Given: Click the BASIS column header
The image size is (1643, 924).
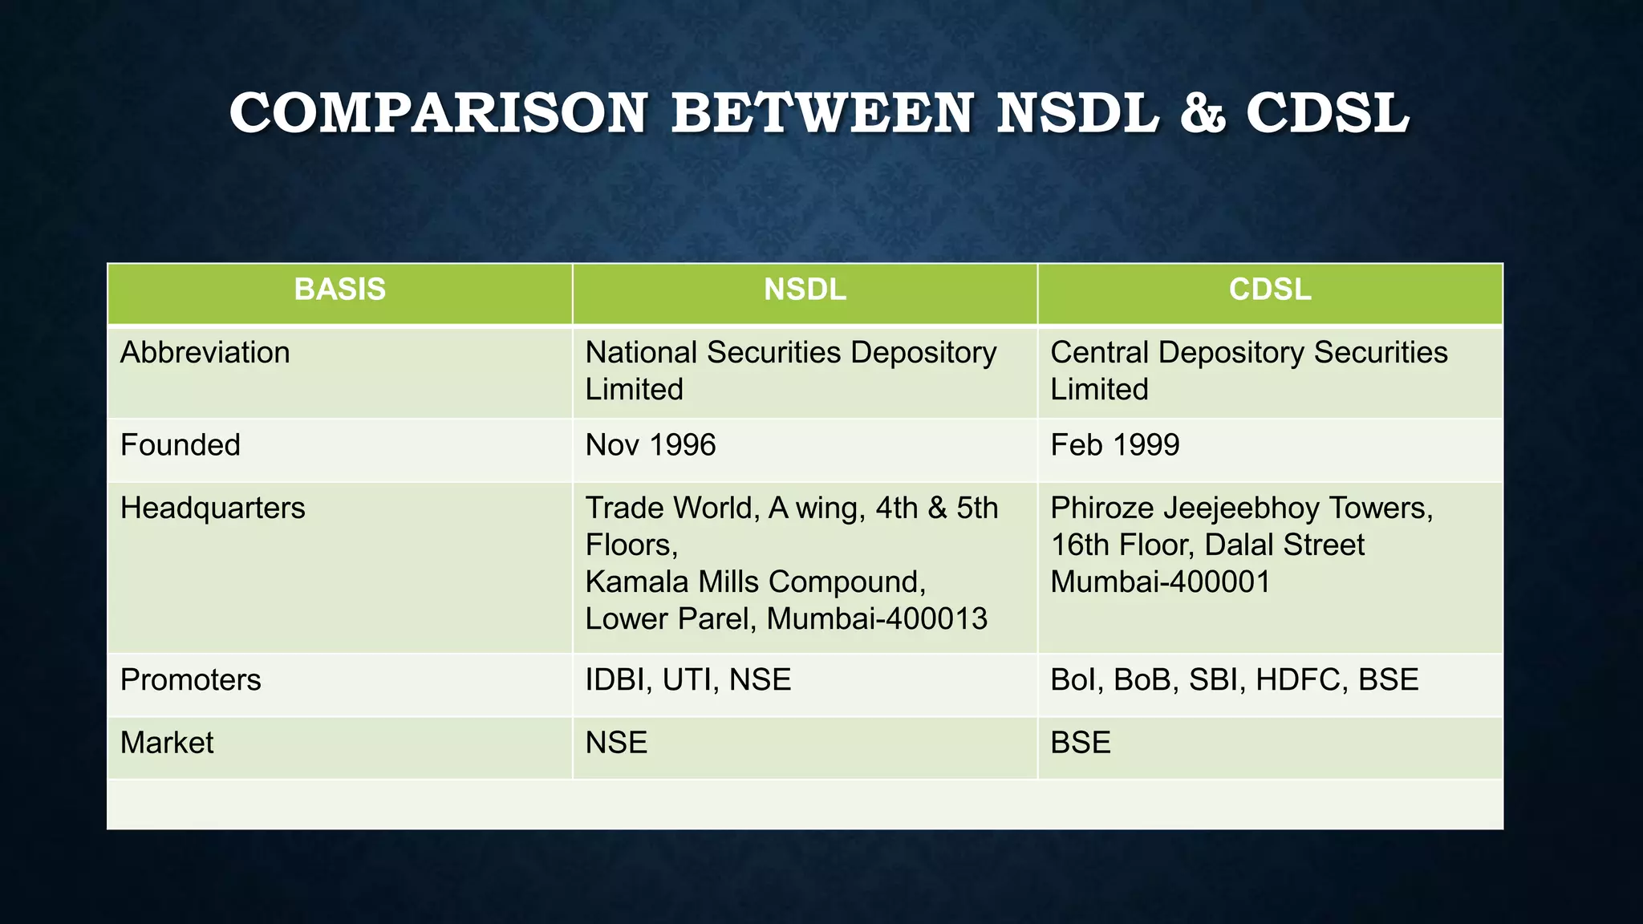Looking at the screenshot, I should (x=339, y=290).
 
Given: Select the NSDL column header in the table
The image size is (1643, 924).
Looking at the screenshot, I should (x=805, y=290).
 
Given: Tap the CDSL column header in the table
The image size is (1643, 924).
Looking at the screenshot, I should (x=1270, y=290).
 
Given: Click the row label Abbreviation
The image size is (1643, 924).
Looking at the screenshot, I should (x=205, y=353).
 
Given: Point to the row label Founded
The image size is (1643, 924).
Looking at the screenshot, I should (x=180, y=445).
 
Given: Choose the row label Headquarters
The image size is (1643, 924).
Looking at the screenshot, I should (x=213, y=509).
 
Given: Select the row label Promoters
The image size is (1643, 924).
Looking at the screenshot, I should (x=190, y=680).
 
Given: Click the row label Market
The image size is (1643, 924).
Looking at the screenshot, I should (x=167, y=743).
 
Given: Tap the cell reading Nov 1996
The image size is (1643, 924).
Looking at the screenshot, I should (x=650, y=445).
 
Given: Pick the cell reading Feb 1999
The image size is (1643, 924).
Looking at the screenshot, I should (x=1114, y=445).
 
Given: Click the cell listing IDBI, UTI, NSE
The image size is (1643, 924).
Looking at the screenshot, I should (x=688, y=680).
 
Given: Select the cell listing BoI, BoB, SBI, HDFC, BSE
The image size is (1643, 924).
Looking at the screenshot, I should (x=1234, y=680).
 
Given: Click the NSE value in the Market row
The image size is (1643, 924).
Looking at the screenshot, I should (x=616, y=743).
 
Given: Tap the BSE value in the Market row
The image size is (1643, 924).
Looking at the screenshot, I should (x=1081, y=743).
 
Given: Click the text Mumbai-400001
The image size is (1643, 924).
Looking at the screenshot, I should (x=1160, y=582).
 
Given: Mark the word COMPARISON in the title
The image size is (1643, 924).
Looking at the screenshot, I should (x=438, y=113).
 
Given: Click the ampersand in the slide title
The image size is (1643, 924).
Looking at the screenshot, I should (x=1203, y=113).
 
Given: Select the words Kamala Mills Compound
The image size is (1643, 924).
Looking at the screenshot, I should (x=755, y=582).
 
